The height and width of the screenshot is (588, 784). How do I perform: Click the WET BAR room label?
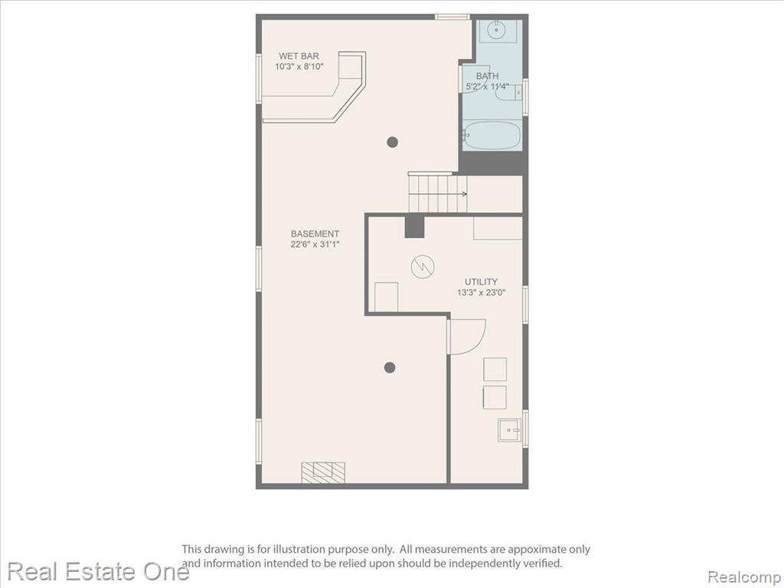tap(299, 56)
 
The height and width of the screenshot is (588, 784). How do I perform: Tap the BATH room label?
tap(487, 76)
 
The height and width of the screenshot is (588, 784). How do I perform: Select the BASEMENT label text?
tap(315, 234)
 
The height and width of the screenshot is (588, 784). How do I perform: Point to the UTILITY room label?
tap(481, 282)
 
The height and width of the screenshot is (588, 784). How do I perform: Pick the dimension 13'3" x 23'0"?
tap(481, 292)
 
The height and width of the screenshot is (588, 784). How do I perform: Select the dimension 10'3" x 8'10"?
tap(299, 67)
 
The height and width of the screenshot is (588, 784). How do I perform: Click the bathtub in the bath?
tap(492, 135)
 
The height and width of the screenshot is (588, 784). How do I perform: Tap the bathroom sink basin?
tap(496, 30)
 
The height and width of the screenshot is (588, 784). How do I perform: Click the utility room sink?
tap(509, 430)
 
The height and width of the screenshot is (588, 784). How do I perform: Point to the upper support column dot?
tap(393, 142)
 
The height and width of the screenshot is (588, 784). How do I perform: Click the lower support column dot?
tap(390, 368)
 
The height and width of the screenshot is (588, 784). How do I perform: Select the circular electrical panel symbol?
tap(423, 267)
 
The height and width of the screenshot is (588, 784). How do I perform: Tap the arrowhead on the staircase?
tap(465, 194)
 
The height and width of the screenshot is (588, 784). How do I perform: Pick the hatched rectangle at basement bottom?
tap(323, 472)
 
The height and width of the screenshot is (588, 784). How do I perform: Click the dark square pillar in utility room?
tap(414, 227)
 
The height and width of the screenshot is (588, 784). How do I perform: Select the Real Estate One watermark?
tap(99, 571)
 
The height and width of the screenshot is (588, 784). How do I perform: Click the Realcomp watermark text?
tap(745, 577)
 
